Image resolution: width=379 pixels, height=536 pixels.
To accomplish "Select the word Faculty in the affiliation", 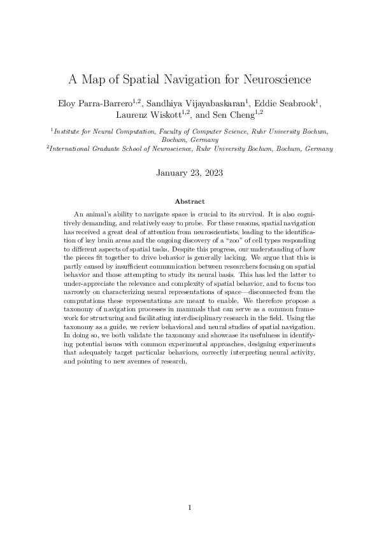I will (169, 131).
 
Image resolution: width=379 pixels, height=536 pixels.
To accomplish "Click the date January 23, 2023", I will (189, 172).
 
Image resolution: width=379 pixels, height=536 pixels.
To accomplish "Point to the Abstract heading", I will (189, 201).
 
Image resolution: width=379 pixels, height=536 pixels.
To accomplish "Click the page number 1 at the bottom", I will (189, 507).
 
